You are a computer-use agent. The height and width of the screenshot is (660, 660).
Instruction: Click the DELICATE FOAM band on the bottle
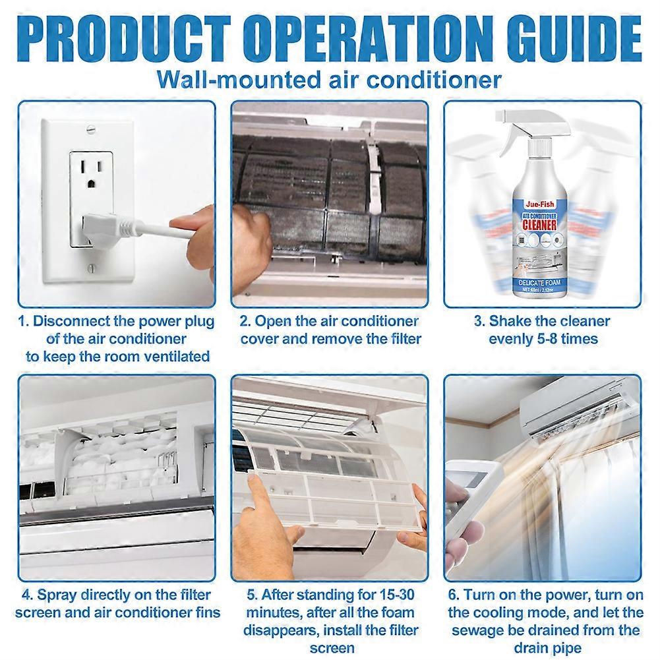pos(542,283)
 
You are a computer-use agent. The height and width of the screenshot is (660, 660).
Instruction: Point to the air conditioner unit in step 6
pos(580,412)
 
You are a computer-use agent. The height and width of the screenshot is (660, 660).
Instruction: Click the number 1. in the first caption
pos(24,322)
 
